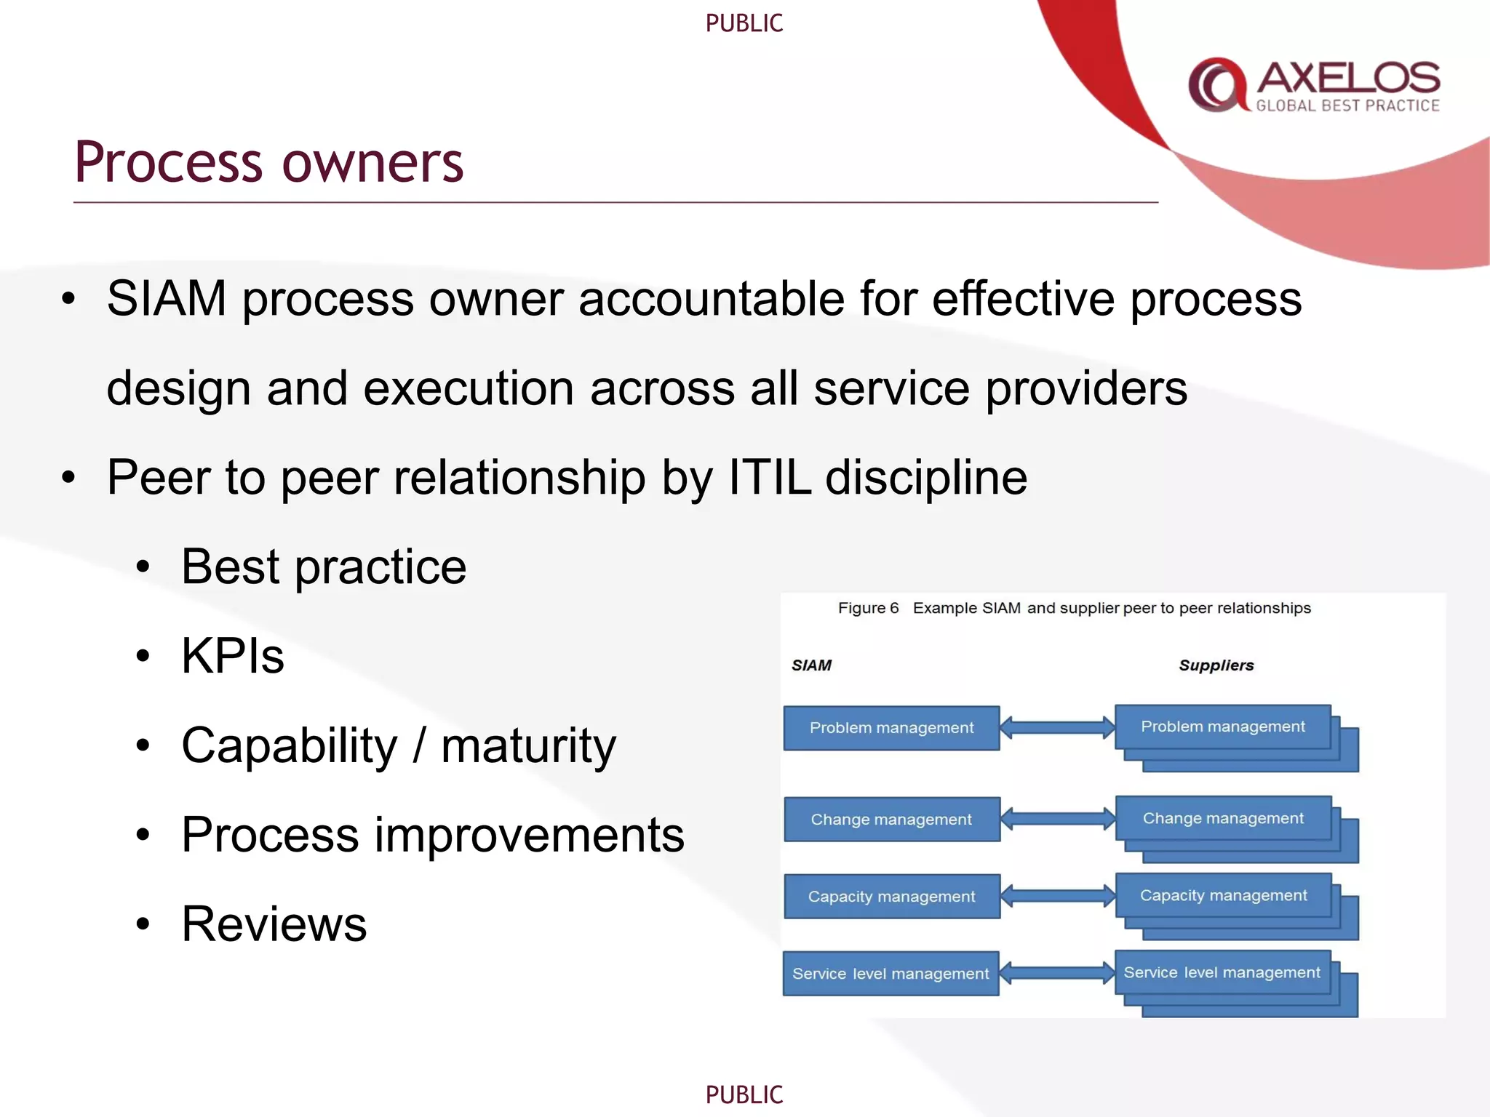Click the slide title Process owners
point(268,163)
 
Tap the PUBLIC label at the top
point(744,23)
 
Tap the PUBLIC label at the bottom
point(744,1094)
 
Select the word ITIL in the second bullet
point(769,478)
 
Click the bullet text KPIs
point(233,656)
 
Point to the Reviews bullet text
point(274,924)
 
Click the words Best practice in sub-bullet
point(324,566)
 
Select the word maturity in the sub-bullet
point(528,745)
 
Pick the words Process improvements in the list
point(433,835)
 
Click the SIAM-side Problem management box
point(891,728)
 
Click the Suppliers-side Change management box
point(1222,819)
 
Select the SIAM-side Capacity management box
point(891,897)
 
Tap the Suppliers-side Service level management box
point(1222,973)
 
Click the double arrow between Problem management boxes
point(1057,727)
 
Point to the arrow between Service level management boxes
point(1057,973)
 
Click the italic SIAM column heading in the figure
point(811,665)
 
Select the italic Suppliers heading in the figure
point(1216,665)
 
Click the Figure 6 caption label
point(868,608)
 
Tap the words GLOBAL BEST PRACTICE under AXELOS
point(1347,106)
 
